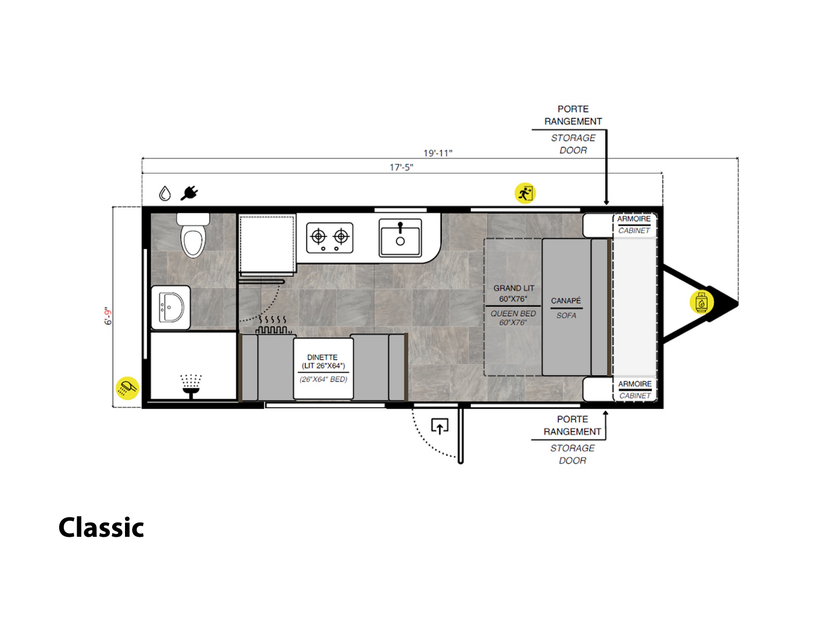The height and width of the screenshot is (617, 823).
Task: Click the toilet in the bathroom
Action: click(192, 235)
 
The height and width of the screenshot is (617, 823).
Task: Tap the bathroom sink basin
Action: click(171, 307)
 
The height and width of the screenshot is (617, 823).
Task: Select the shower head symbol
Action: click(191, 386)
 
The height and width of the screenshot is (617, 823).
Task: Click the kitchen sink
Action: click(400, 238)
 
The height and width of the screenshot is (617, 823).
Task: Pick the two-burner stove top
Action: click(330, 238)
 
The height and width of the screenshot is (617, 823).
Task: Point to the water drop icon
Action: click(165, 193)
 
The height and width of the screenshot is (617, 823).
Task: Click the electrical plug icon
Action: click(189, 193)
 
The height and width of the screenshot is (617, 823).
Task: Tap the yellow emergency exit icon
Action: click(525, 193)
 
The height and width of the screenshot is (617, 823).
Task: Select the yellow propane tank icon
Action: click(702, 302)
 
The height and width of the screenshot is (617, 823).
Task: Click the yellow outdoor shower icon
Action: click(128, 388)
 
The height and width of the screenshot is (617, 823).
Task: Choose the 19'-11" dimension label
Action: click(438, 153)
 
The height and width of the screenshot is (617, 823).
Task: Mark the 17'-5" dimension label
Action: click(401, 168)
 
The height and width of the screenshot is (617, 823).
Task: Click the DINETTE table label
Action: click(322, 357)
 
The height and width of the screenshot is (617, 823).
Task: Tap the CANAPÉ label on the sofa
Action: click(566, 300)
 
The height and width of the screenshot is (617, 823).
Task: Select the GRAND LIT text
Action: click(514, 288)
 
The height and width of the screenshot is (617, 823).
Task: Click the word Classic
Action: click(101, 528)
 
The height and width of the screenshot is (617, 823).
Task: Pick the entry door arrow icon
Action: click(439, 426)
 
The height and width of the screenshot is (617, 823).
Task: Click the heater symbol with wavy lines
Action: click(273, 325)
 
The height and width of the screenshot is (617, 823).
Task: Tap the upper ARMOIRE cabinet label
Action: click(634, 219)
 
